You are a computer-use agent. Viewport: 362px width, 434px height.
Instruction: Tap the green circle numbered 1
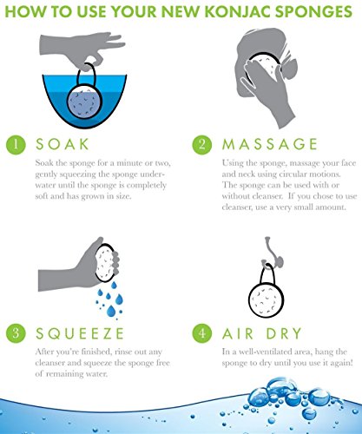(x=16, y=144)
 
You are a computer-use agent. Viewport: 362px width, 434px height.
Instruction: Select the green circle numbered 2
(x=202, y=144)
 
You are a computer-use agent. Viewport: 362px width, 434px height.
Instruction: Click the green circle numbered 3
(x=16, y=333)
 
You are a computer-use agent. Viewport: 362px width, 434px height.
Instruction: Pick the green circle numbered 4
(x=202, y=333)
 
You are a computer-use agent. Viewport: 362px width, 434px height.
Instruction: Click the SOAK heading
(x=63, y=144)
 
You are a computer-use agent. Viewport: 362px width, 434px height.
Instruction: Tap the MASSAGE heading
(x=270, y=144)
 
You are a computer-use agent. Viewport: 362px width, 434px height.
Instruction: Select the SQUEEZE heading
(x=80, y=333)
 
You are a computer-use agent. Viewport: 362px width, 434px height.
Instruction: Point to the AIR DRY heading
(x=262, y=333)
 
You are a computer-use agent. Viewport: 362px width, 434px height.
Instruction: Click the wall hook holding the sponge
(x=271, y=253)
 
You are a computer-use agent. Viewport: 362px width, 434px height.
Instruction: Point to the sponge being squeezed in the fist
(x=105, y=263)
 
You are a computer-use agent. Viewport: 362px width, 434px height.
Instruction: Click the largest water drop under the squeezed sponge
(x=111, y=311)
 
